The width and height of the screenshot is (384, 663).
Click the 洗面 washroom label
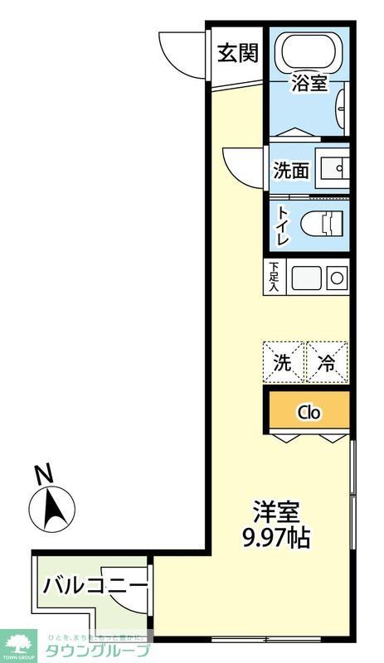291,171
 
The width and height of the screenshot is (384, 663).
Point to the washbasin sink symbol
338,169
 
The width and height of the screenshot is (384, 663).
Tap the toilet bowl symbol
323,223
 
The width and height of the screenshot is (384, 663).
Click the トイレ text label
282,223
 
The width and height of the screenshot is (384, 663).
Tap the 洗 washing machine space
284,362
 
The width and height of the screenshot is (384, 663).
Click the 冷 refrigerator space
326,362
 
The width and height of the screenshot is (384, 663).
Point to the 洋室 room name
276,511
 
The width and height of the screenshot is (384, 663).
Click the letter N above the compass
43,475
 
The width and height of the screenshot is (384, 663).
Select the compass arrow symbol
51,507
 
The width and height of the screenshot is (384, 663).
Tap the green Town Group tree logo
20,641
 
